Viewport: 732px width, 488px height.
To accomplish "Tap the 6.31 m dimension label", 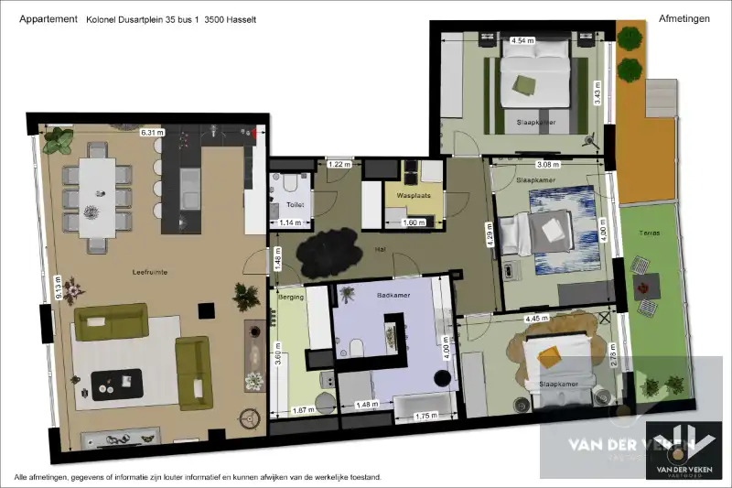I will pyautogui.click(x=152, y=133).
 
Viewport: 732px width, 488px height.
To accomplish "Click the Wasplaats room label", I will pyautogui.click(x=414, y=196).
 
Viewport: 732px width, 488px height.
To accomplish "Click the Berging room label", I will pyautogui.click(x=291, y=298).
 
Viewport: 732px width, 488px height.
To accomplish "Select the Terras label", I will pyautogui.click(x=651, y=234).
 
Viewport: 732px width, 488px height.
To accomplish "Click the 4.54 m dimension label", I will pyautogui.click(x=522, y=41).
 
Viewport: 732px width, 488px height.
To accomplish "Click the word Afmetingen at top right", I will pyautogui.click(x=684, y=18).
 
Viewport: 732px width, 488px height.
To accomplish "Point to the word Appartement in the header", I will pyautogui.click(x=48, y=18).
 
